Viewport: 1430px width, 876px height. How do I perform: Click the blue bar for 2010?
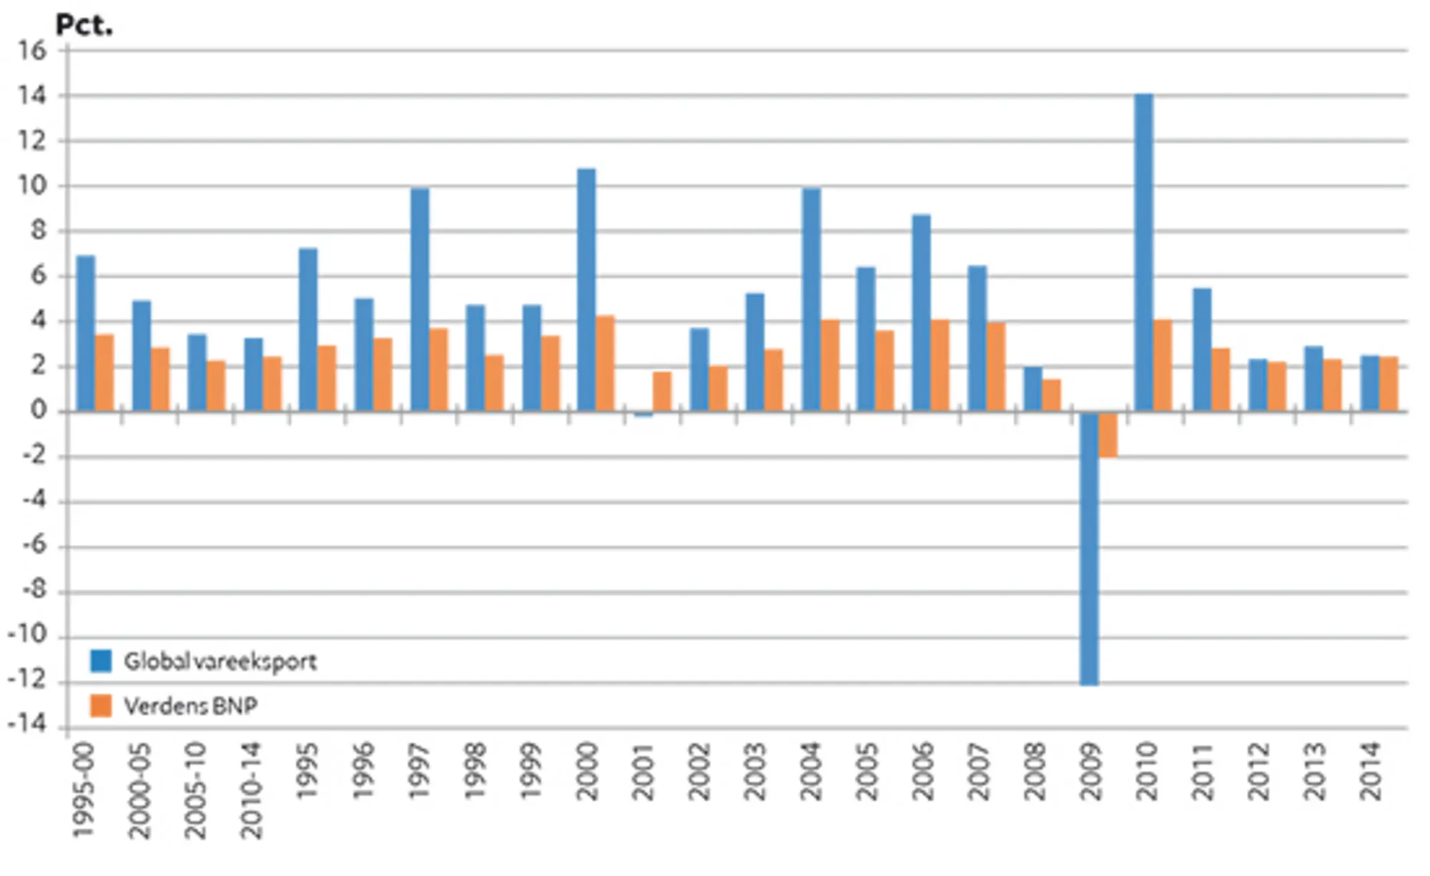[1144, 254]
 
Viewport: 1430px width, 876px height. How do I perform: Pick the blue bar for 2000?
[586, 290]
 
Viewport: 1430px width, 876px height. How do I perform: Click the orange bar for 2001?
[662, 392]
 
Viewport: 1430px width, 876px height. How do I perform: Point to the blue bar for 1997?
[420, 300]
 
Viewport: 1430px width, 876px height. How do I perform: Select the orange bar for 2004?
[829, 365]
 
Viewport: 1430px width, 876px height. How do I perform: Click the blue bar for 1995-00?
[86, 333]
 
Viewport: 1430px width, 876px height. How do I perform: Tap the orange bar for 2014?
[1389, 384]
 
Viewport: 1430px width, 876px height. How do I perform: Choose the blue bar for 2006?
[921, 313]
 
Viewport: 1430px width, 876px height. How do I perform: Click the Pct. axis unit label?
[84, 26]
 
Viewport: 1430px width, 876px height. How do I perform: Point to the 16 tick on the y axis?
[32, 51]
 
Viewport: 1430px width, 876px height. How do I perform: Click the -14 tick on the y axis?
[27, 724]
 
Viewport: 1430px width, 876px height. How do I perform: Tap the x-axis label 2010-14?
[252, 790]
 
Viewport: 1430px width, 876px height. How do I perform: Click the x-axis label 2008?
[1034, 772]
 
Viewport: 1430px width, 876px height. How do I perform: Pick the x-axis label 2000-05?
[140, 790]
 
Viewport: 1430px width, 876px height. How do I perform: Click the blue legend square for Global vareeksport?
[101, 661]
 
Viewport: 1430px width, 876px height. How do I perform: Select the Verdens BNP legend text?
[190, 707]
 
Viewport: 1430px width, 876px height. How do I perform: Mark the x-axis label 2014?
[1370, 772]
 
